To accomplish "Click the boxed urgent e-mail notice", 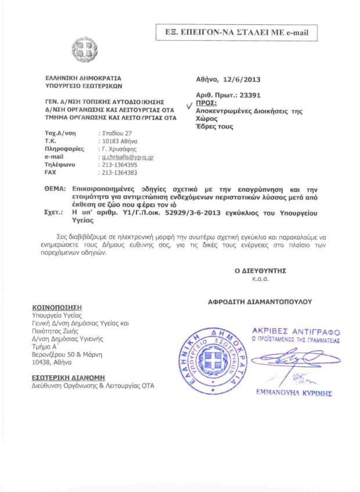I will tap(237, 32).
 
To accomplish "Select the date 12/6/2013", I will tap(248, 80).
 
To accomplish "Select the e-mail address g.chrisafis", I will tap(127, 157).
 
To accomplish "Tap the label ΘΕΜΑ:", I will tap(56, 189).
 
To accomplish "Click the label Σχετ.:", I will tap(55, 213).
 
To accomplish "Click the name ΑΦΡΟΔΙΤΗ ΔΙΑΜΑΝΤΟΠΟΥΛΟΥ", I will tap(260, 302).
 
